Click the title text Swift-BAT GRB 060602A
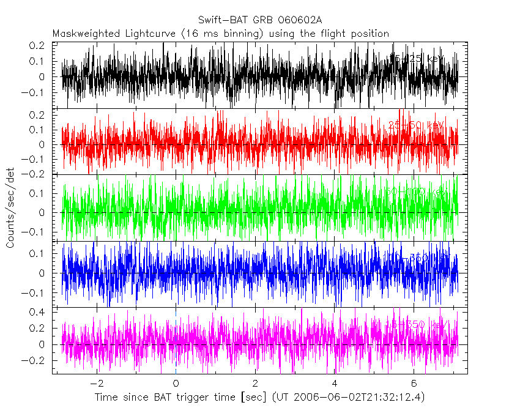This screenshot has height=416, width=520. [260, 21]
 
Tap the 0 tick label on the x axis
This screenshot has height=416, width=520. [176, 384]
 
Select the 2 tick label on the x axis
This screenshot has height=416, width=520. [255, 384]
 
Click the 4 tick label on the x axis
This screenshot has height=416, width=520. [335, 384]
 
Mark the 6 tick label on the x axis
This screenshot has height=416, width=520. [414, 384]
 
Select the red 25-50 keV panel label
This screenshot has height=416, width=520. [416, 125]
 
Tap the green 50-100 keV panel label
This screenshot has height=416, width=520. [416, 192]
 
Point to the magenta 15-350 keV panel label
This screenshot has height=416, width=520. [416, 324]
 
